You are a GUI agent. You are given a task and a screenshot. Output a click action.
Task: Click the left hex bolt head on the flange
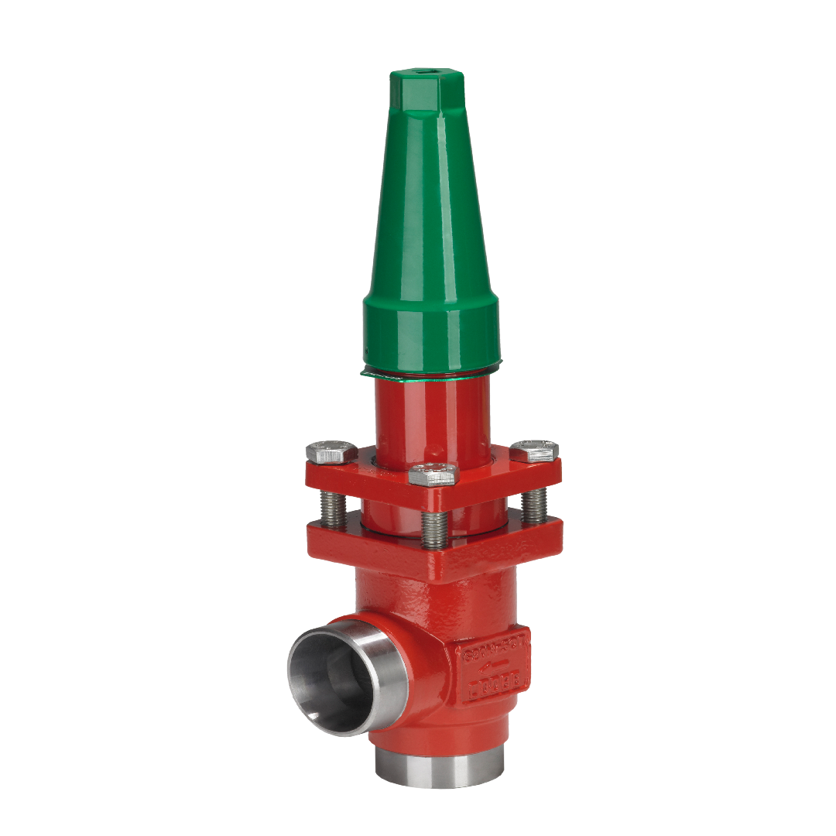pos(332,451)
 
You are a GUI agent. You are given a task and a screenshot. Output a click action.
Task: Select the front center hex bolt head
pos(433,473)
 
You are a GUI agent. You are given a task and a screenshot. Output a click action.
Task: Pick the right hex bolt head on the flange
pos(535,451)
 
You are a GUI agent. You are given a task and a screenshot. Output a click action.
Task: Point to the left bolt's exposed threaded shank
pos(335,507)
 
